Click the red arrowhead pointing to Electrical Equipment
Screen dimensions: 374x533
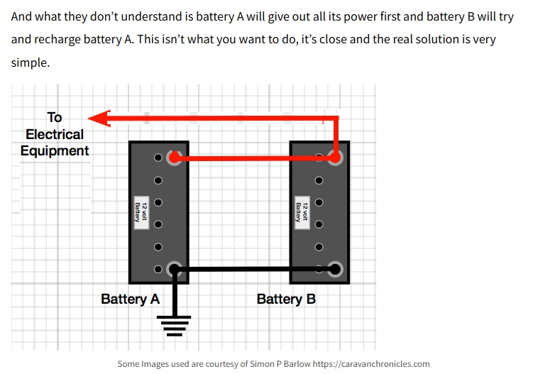click(99, 118)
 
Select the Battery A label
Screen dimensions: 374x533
click(130, 299)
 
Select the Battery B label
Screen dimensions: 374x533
click(286, 299)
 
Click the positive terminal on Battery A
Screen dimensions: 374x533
click(174, 158)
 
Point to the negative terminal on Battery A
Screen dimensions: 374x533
click(174, 269)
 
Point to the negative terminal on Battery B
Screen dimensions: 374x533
click(336, 269)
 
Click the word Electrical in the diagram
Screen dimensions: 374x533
click(55, 134)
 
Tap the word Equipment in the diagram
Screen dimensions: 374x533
click(55, 150)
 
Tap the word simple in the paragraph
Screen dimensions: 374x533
click(30, 62)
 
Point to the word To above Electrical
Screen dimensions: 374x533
click(55, 118)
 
